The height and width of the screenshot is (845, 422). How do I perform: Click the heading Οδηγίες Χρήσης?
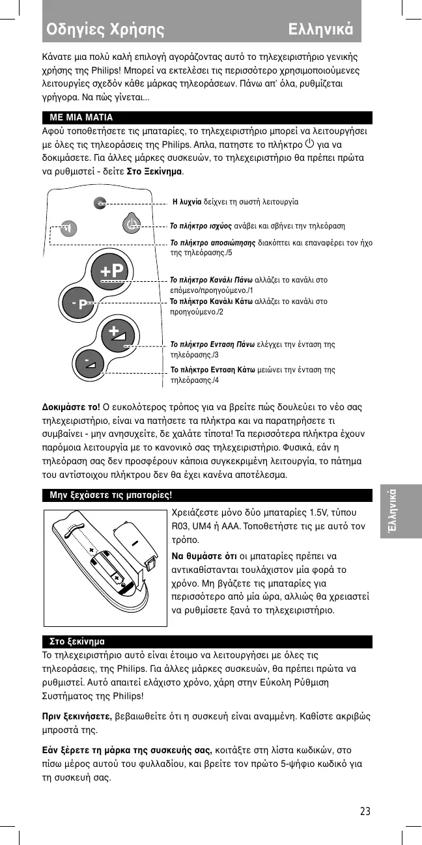click(x=105, y=29)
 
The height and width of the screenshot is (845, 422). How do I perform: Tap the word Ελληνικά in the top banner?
click(x=321, y=29)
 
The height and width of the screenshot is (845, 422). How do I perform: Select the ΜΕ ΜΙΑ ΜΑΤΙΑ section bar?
click(x=207, y=118)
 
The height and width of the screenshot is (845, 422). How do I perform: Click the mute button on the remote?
click(x=66, y=228)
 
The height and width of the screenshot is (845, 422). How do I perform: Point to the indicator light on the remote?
click(x=99, y=202)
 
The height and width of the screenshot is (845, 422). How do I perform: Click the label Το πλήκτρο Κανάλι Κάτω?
click(x=212, y=301)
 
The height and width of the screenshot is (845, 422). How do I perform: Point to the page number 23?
click(x=365, y=811)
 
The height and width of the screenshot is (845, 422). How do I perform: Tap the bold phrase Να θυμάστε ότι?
click(x=202, y=556)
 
